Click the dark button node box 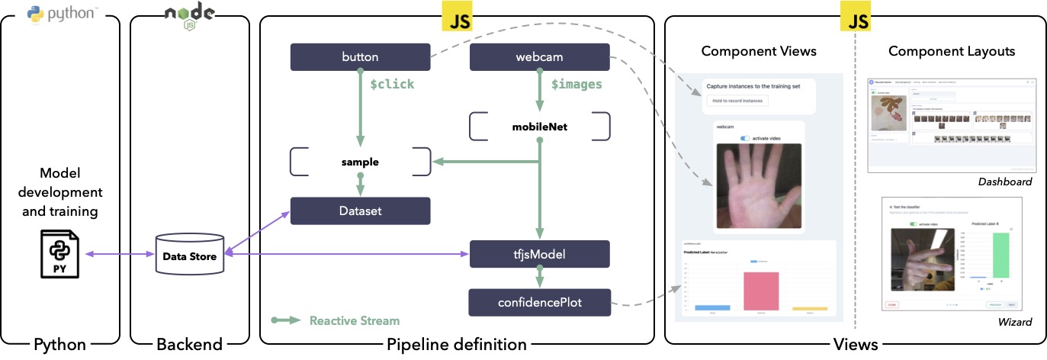(361, 56)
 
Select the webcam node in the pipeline (539, 56)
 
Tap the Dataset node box (361, 211)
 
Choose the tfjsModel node (539, 253)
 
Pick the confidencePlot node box (539, 302)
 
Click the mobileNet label (540, 127)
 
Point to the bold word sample (360, 162)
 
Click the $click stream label (392, 84)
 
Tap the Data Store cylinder (190, 256)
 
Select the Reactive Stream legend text (354, 320)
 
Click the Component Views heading (758, 52)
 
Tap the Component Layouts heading (952, 52)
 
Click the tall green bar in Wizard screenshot (1000, 255)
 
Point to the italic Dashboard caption (1004, 182)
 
